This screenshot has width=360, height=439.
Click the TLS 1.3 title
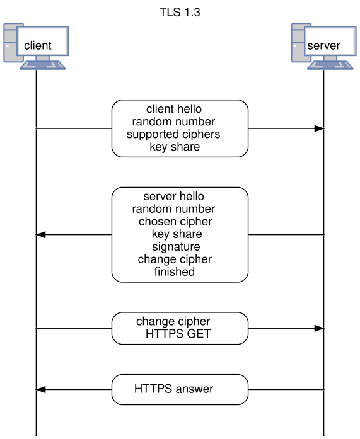[x=180, y=13]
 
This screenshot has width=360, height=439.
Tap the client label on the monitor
[x=38, y=45]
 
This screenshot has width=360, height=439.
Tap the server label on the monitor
[x=323, y=45]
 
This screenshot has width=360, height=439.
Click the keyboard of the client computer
[x=43, y=66]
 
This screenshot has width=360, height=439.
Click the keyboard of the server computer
[x=330, y=66]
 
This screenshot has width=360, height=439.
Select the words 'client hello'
[x=174, y=109]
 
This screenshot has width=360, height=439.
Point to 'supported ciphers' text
[x=173, y=134]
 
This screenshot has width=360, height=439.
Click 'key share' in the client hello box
[x=175, y=147]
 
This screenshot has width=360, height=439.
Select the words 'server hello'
[x=174, y=197]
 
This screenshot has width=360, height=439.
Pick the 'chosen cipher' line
[x=175, y=222]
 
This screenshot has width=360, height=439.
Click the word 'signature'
[x=177, y=247]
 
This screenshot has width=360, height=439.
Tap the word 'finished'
[x=175, y=271]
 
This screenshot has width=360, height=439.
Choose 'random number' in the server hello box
[x=174, y=209]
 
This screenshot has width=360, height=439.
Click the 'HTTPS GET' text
[x=178, y=334]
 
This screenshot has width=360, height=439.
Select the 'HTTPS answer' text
[x=174, y=389]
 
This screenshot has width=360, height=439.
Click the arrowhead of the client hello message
[x=319, y=128]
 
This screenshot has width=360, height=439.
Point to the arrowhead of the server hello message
[x=41, y=235]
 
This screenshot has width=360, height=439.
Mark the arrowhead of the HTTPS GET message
[x=319, y=328]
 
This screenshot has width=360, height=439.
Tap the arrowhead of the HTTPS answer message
[x=41, y=389]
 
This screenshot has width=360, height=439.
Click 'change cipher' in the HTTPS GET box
[x=173, y=321]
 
